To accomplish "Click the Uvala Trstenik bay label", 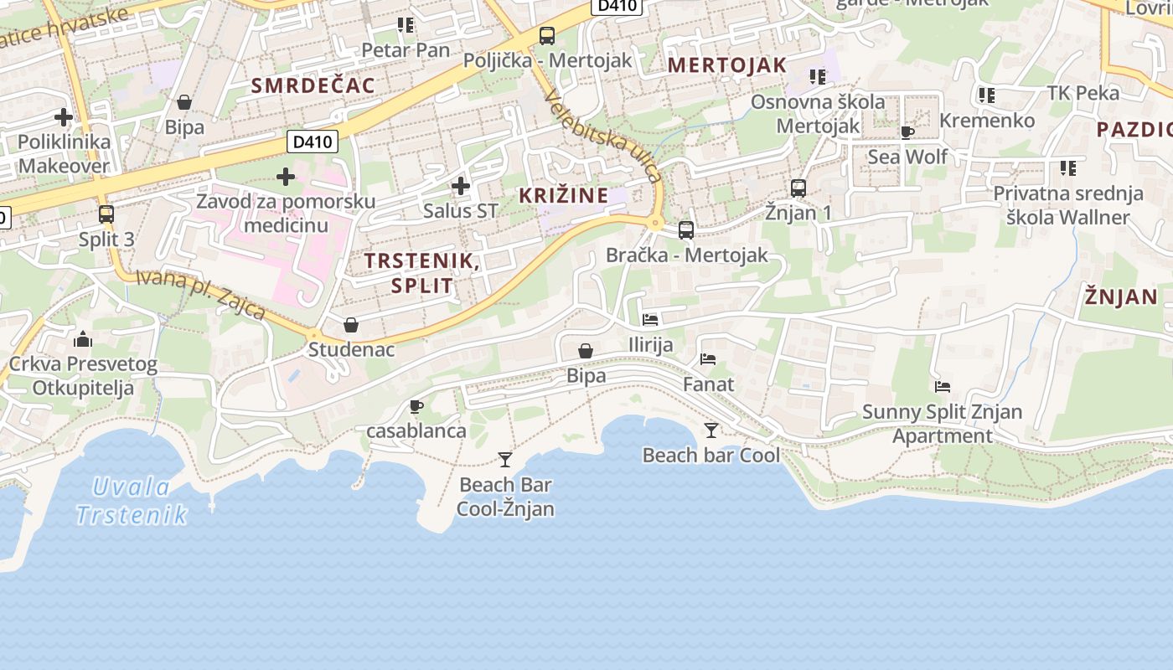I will point(131,500).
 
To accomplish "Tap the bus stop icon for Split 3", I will point(106,214).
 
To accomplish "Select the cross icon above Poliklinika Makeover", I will point(63,117).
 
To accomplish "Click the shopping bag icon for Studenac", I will point(351,324).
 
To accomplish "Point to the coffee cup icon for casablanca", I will point(416,406).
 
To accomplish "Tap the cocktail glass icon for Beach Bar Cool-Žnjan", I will point(505,459).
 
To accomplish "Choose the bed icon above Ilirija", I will point(650,319).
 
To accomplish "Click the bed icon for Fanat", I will point(708,359).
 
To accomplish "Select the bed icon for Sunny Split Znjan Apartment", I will point(943,387).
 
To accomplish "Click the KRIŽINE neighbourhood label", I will point(564,196).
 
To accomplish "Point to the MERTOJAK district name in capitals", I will point(727,65).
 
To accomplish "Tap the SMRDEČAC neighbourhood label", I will point(313,85).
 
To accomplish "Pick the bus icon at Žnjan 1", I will point(798,188).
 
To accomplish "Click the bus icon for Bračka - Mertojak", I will point(686,229).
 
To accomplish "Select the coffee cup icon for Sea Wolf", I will point(907,132).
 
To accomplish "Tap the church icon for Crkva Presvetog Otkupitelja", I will point(83,339).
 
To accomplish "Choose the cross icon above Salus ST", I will point(460,186).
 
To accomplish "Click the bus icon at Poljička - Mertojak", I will point(547,36).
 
